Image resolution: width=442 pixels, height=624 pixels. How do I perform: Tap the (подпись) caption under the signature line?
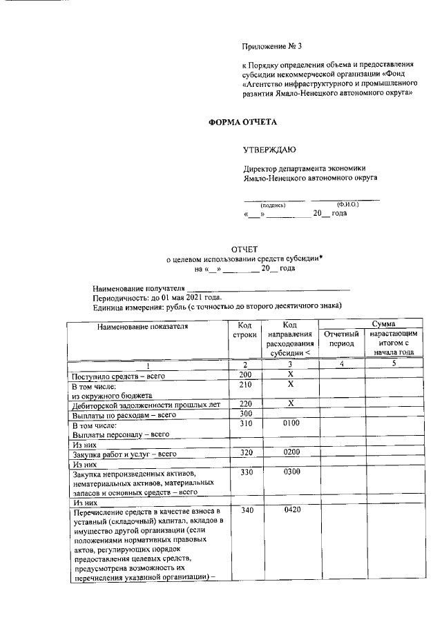tap(272, 205)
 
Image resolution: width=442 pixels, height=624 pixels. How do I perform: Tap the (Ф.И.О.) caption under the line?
tap(347, 205)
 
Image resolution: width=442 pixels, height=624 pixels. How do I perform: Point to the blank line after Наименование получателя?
tap(269, 288)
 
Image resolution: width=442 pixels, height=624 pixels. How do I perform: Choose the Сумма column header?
tap(383, 323)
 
